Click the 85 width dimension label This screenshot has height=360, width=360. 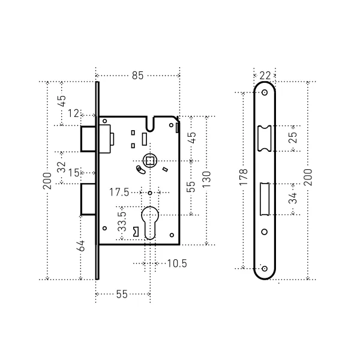(x=137, y=76)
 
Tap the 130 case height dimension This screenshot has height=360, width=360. (x=206, y=179)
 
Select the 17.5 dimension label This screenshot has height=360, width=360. (x=119, y=192)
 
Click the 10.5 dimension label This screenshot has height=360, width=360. (x=177, y=263)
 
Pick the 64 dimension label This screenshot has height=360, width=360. (x=82, y=246)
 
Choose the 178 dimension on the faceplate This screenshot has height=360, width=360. (x=244, y=177)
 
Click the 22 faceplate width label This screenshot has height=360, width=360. (x=265, y=76)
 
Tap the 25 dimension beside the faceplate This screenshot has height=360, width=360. (x=293, y=138)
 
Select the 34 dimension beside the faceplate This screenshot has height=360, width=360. (x=293, y=199)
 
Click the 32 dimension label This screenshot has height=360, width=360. (x=61, y=167)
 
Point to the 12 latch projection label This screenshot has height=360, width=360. (x=73, y=113)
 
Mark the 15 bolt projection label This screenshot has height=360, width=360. (x=74, y=173)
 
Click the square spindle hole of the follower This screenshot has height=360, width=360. (x=150, y=161)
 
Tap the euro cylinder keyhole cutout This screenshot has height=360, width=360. (x=150, y=223)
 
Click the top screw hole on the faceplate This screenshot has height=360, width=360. (x=265, y=92)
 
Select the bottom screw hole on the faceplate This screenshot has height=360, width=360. (x=265, y=269)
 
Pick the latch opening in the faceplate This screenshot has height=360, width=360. (x=265, y=138)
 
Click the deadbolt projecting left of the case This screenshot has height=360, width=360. (x=88, y=199)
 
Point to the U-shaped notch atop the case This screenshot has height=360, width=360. (x=150, y=124)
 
